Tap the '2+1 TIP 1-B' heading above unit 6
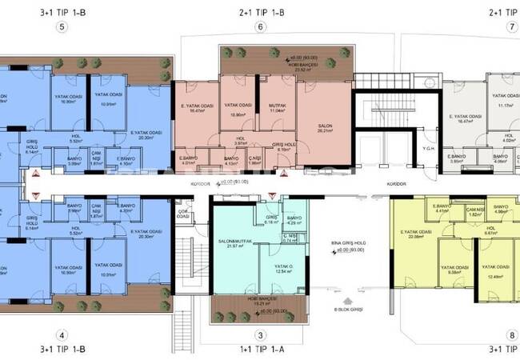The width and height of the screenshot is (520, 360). pos(259,11)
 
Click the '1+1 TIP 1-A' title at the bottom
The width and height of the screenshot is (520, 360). pos(259,350)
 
